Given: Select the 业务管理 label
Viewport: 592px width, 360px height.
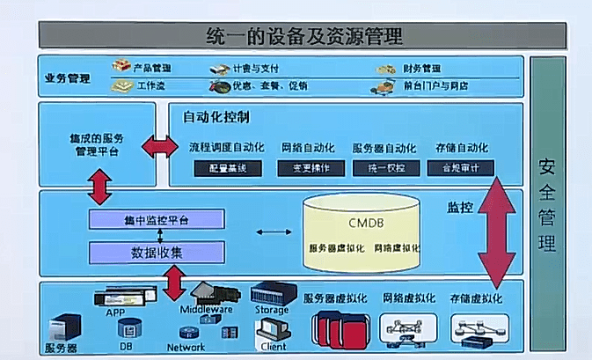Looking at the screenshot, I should click(67, 77).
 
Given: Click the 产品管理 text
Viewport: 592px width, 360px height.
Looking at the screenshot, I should click(151, 68).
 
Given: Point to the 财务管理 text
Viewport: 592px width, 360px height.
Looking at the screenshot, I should click(421, 68).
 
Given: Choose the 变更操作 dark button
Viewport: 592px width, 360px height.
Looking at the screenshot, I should click(311, 167).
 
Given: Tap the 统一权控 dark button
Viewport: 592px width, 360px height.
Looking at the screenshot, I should click(386, 167).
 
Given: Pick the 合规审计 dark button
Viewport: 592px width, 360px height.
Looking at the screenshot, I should click(461, 167).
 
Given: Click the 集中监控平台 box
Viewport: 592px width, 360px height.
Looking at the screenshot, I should click(157, 219).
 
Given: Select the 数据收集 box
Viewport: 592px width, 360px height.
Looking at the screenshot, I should click(157, 252).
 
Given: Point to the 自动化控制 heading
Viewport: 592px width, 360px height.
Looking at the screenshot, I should click(215, 116).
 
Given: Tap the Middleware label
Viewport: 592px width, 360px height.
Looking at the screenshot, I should click(206, 310).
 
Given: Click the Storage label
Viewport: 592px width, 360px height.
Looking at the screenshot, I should click(271, 310).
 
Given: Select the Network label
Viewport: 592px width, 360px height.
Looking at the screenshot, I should click(186, 347).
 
